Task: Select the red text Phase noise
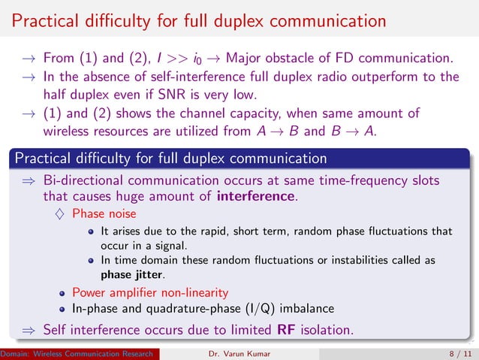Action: [98, 214]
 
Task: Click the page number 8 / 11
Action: [452, 352]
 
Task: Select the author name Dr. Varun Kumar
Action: [237, 352]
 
